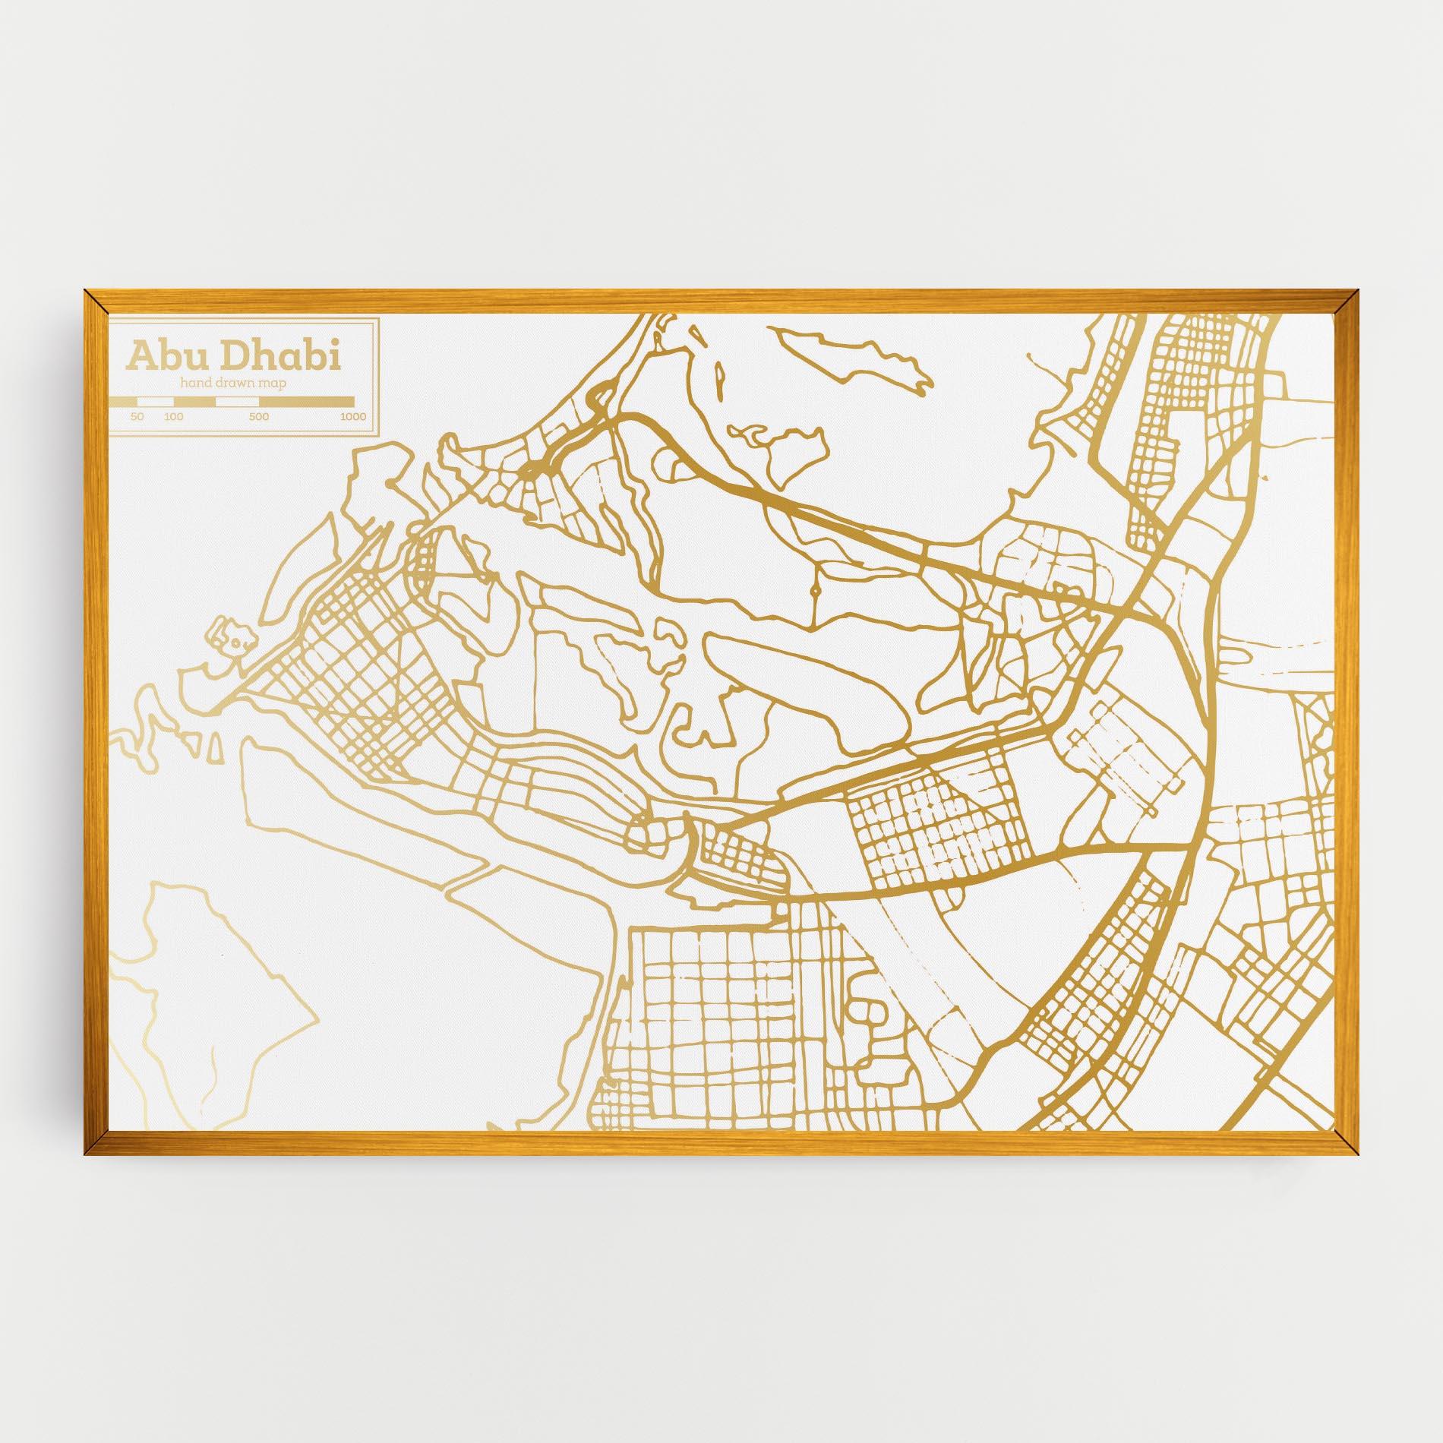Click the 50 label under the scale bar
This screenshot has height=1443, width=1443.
tap(137, 416)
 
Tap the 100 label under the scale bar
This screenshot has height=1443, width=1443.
tap(174, 416)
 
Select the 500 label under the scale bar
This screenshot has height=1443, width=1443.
tap(259, 416)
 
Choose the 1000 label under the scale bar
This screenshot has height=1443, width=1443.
tap(353, 416)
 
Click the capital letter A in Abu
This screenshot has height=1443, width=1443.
tap(140, 356)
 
